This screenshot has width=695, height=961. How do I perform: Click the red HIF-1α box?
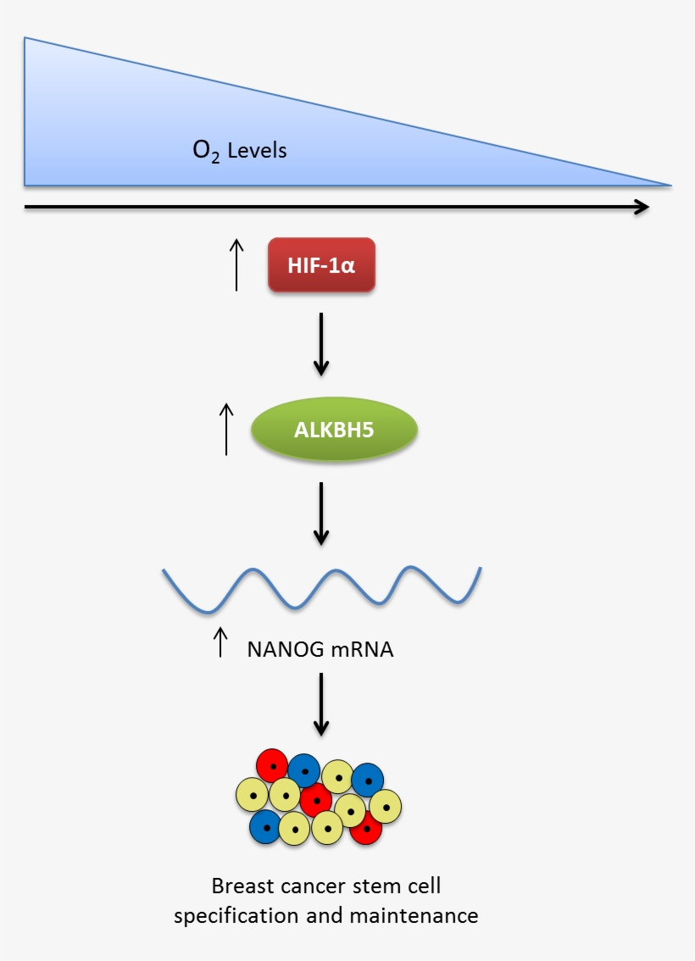(x=321, y=265)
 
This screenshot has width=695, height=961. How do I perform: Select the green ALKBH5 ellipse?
(x=334, y=431)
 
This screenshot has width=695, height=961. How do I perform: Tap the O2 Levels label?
(x=240, y=152)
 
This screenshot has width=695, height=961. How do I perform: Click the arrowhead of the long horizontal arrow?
(x=642, y=207)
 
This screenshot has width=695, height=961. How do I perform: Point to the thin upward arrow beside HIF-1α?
(x=236, y=264)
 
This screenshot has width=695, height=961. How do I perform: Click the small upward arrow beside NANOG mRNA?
(x=220, y=642)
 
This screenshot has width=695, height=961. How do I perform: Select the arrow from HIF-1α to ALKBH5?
(x=320, y=343)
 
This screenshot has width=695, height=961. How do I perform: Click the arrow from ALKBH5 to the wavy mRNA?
(x=320, y=513)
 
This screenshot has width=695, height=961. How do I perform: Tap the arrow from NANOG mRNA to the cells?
(x=320, y=703)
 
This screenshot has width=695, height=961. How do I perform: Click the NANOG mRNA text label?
(x=320, y=650)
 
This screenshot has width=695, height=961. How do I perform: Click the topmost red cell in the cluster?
(x=272, y=764)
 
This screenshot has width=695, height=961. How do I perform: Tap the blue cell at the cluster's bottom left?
(x=265, y=826)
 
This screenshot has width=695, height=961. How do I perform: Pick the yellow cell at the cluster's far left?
(x=252, y=794)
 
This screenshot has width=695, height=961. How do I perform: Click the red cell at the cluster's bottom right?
(x=366, y=828)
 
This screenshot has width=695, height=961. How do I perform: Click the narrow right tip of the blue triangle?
(x=665, y=183)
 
